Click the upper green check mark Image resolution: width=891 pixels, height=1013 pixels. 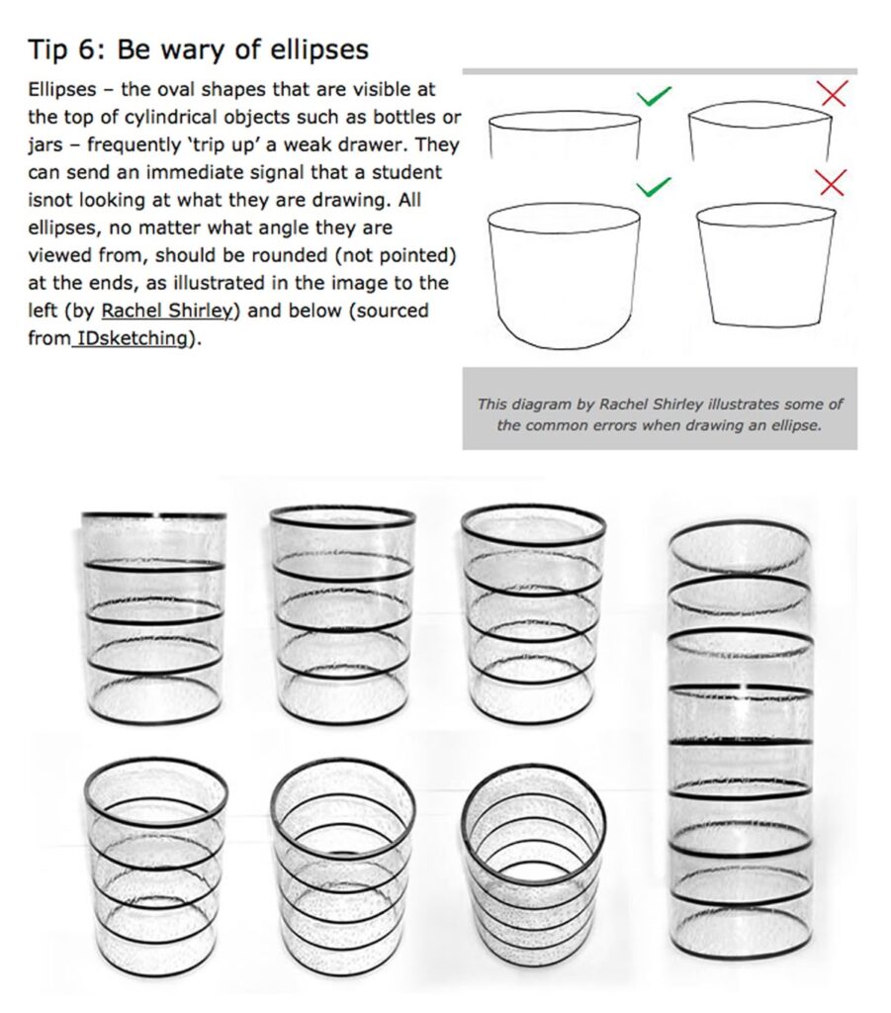click(x=654, y=96)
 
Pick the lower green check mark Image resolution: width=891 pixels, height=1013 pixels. click(x=654, y=185)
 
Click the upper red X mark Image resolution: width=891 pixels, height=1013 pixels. click(x=834, y=94)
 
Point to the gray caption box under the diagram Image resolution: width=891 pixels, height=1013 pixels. click(x=660, y=409)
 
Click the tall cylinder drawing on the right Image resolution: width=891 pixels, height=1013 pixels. click(x=741, y=742)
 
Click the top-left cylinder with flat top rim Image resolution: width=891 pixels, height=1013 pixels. click(x=153, y=617)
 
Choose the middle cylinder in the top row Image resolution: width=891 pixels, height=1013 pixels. click(x=342, y=614)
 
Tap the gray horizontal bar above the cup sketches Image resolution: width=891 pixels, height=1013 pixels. click(x=660, y=71)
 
